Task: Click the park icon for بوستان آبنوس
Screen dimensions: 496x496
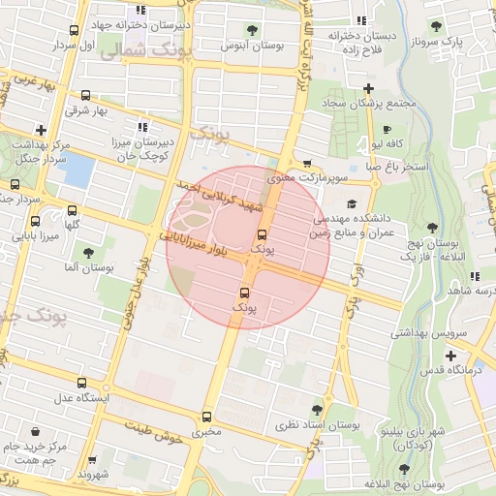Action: point(252,30)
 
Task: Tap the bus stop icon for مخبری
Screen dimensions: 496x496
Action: point(205,418)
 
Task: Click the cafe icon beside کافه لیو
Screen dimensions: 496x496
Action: point(387,130)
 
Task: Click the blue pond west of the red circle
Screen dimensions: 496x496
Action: point(76,170)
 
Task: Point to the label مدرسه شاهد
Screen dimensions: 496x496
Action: point(469,291)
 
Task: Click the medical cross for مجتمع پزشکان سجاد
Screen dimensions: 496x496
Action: point(368,89)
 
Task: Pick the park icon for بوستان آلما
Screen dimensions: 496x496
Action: point(88,253)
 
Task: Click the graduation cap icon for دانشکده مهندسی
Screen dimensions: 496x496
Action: point(351,204)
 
